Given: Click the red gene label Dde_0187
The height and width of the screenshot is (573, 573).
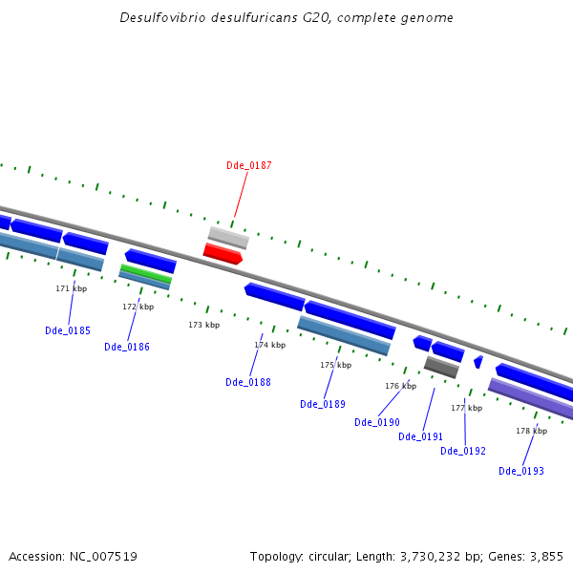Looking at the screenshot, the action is [x=248, y=165].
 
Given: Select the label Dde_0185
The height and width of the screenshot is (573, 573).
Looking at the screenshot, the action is [x=68, y=331].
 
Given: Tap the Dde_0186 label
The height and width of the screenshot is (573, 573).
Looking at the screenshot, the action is [x=127, y=347].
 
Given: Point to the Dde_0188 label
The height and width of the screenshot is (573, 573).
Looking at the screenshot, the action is [x=248, y=382].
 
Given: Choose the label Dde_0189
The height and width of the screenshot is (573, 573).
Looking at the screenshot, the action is [x=323, y=404].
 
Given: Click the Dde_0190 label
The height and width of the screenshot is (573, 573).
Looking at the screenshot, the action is [x=377, y=422].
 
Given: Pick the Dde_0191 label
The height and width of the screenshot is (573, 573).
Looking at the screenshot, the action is [x=421, y=436].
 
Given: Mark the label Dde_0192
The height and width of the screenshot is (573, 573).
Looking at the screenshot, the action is [x=463, y=451].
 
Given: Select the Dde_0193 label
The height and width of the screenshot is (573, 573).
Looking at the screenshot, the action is [x=521, y=471].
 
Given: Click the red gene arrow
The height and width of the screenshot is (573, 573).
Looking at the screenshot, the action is [x=223, y=253].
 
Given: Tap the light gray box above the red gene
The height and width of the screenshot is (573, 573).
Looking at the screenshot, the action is [x=228, y=237].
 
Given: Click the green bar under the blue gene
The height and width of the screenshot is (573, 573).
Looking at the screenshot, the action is [x=146, y=274].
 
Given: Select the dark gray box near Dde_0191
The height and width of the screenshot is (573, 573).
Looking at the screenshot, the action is [x=441, y=367].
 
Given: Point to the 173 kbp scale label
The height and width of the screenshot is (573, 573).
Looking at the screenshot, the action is [x=203, y=326].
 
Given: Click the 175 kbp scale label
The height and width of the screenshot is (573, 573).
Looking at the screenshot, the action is [x=335, y=365].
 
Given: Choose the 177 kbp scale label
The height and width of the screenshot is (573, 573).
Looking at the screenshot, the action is [x=467, y=408].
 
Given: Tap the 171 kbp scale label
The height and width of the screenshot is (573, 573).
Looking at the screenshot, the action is [x=72, y=288].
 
